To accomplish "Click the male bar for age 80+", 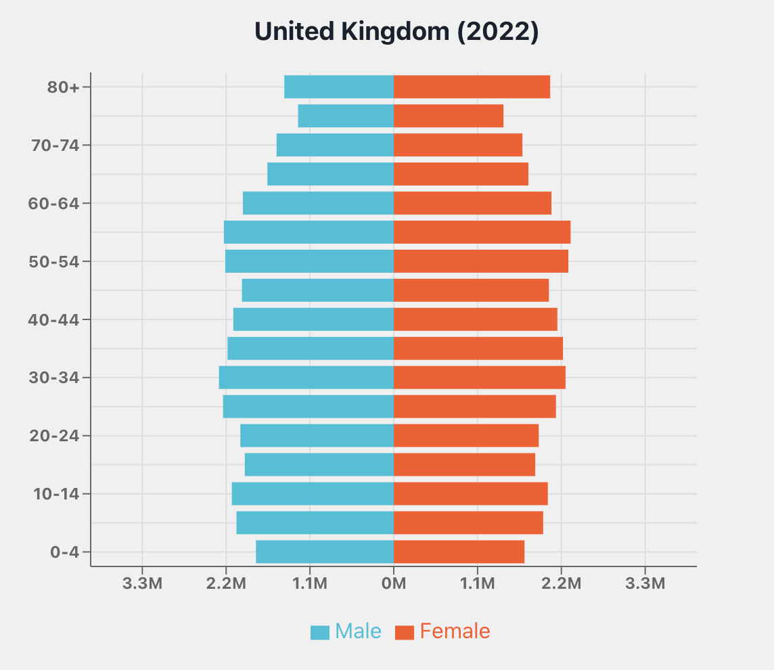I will pyautogui.click(x=339, y=87).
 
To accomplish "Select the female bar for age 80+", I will pyautogui.click(x=472, y=87).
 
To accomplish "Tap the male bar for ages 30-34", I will pyautogui.click(x=306, y=378).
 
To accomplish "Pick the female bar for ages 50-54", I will pyautogui.click(x=481, y=261).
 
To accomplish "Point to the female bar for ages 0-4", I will pyautogui.click(x=459, y=552).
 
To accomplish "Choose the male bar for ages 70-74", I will pyautogui.click(x=335, y=145).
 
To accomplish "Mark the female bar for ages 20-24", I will pyautogui.click(x=466, y=435).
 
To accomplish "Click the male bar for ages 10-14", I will pyautogui.click(x=313, y=493).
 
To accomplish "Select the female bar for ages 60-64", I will pyautogui.click(x=472, y=203).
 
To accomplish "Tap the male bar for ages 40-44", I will pyautogui.click(x=313, y=319).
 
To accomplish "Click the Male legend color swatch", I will pyautogui.click(x=320, y=632).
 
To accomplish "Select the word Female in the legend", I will pyautogui.click(x=455, y=631).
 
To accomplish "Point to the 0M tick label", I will pyautogui.click(x=394, y=583).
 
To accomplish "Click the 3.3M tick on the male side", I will pyautogui.click(x=142, y=583).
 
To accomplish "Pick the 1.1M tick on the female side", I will pyautogui.click(x=478, y=583).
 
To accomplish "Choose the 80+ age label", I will pyautogui.click(x=64, y=87).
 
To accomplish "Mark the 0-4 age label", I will pyautogui.click(x=65, y=552).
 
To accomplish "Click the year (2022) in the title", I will pyautogui.click(x=499, y=32).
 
